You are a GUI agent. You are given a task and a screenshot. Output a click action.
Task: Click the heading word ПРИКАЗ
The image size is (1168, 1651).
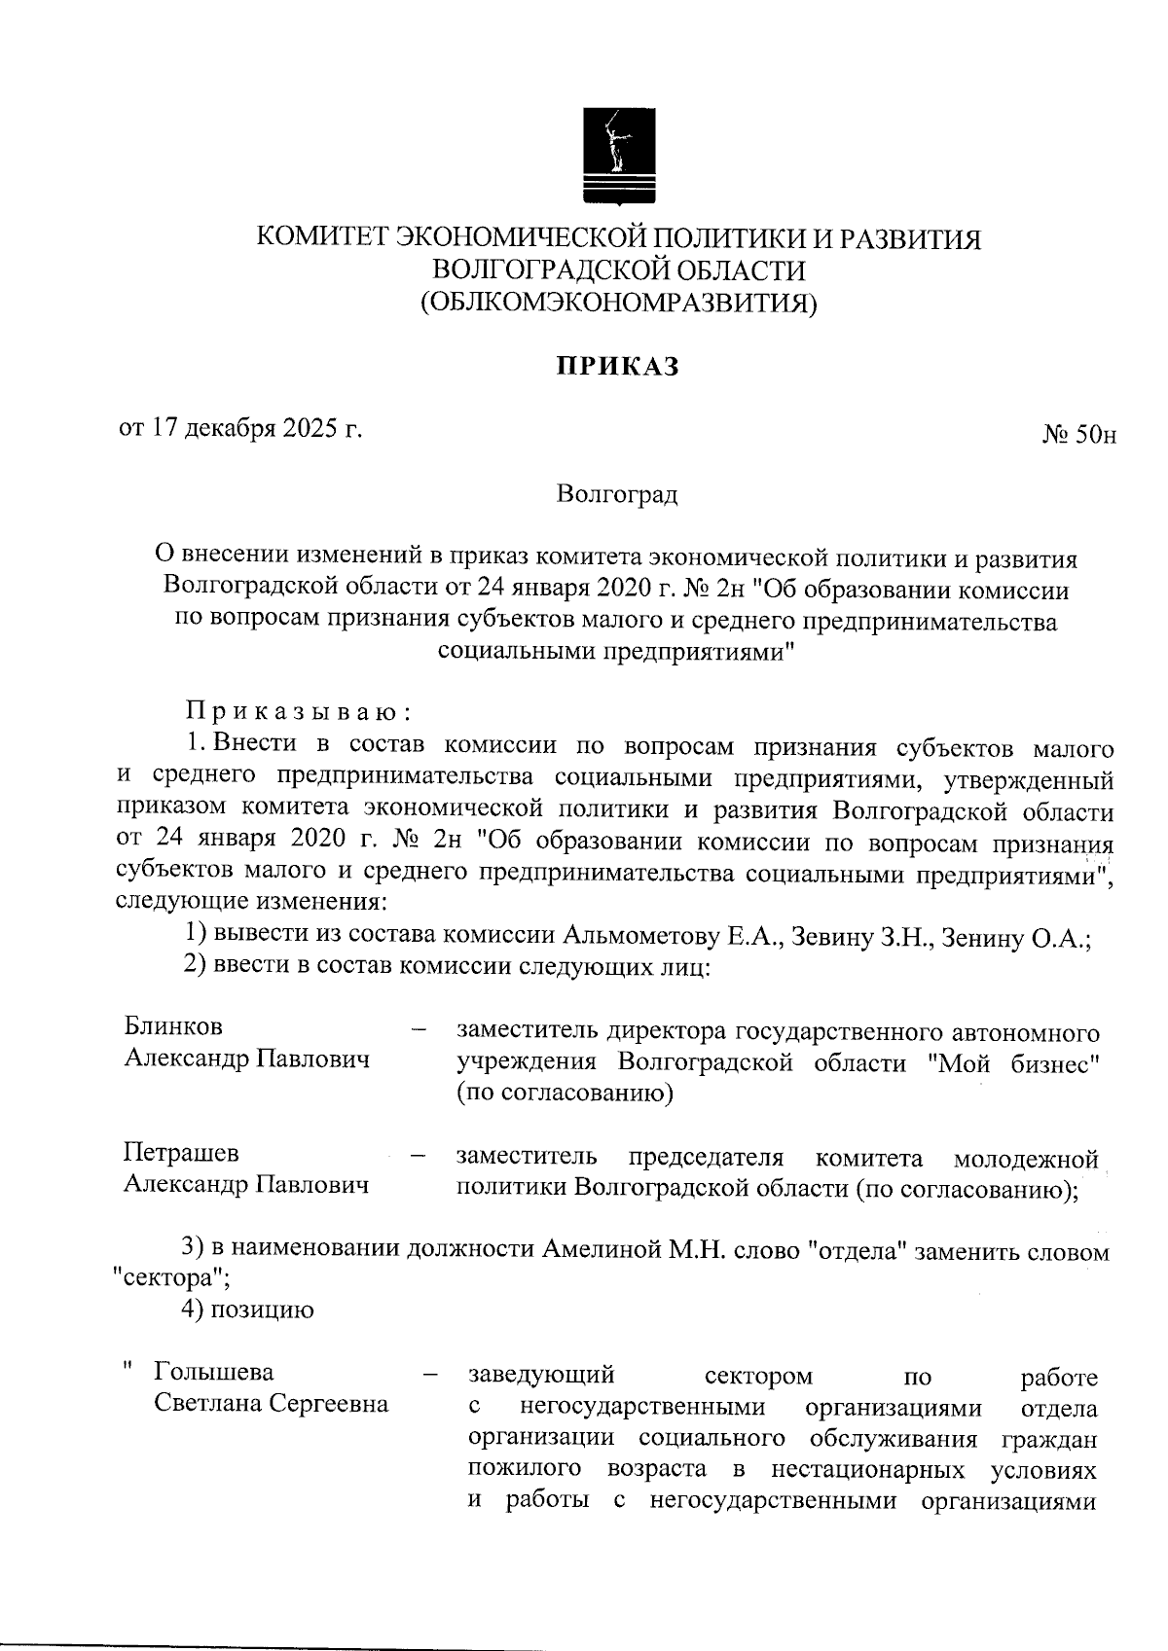click(617, 367)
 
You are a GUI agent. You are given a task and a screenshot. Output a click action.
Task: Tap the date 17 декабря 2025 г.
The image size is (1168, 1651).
click(239, 428)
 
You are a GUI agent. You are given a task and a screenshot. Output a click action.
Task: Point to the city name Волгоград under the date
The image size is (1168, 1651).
click(617, 494)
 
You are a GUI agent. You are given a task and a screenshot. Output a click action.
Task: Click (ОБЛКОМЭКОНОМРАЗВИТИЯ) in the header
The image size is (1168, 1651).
click(618, 304)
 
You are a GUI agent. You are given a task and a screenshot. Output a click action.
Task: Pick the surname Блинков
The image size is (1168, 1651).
click(173, 1026)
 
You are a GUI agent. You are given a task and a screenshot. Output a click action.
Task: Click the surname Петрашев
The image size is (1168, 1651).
click(181, 1153)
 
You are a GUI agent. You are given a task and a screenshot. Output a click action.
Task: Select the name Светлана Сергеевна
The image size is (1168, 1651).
click(272, 1404)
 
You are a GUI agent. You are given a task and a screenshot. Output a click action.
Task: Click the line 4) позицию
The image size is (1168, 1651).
click(248, 1310)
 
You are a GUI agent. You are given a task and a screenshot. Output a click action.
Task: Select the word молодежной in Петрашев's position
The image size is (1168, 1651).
click(1026, 1158)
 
